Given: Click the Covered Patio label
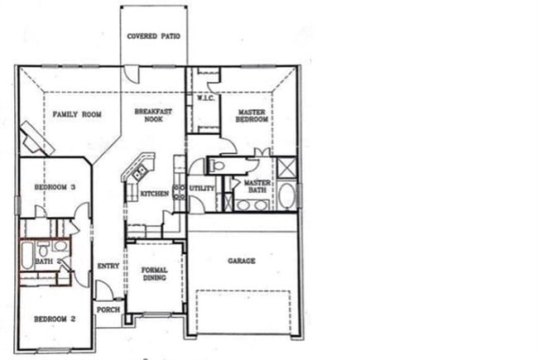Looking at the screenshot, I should [x=153, y=36].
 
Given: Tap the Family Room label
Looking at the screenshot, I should [x=77, y=114].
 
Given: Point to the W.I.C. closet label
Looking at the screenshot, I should [x=205, y=98].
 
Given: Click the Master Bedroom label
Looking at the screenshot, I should [x=252, y=115].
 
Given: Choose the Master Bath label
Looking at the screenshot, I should [x=257, y=187].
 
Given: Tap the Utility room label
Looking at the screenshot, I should [x=202, y=188].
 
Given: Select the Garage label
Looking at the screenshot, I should [x=242, y=261].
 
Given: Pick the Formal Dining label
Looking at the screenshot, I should [x=154, y=274].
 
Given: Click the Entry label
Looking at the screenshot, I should [x=108, y=266].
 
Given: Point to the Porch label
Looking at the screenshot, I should [x=108, y=310].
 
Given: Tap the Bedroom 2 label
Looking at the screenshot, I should [x=55, y=319].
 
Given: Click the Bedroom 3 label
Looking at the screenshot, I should [x=55, y=188].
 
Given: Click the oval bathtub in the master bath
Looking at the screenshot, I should [x=286, y=195].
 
